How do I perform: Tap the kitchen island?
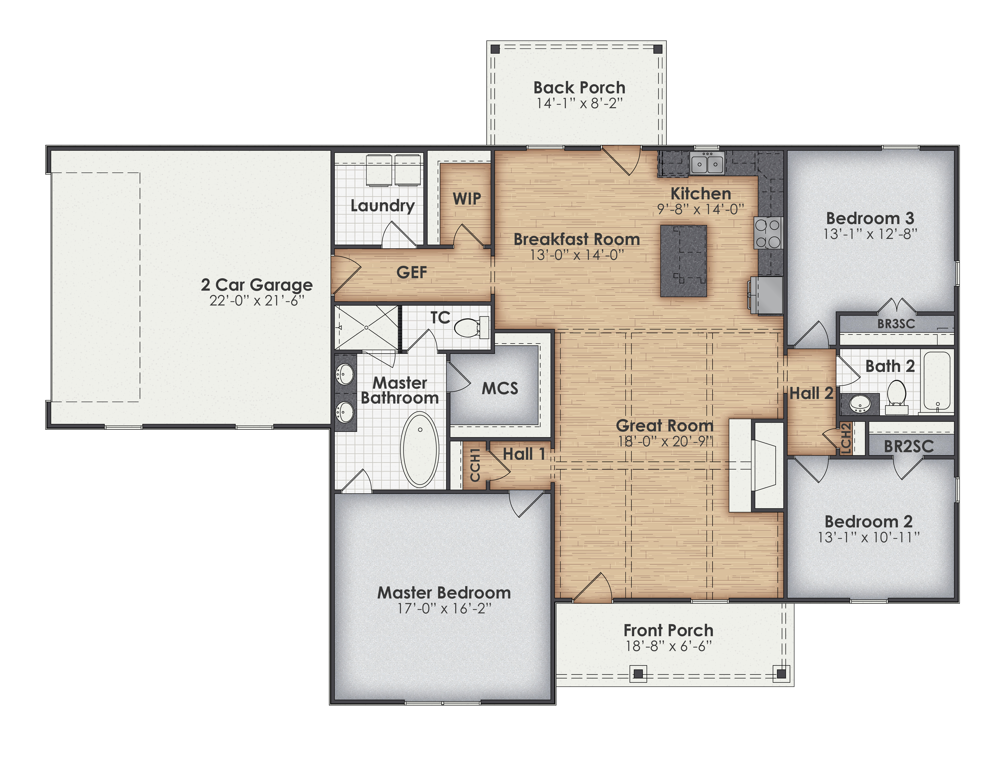click(683, 261)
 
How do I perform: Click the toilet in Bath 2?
click(896, 393)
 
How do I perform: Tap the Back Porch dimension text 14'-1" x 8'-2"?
click(579, 103)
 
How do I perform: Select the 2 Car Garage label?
click(257, 285)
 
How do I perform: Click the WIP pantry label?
click(467, 199)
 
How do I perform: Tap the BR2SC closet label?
click(908, 446)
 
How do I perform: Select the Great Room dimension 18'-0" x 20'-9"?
click(665, 441)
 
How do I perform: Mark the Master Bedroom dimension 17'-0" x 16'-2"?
click(444, 608)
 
